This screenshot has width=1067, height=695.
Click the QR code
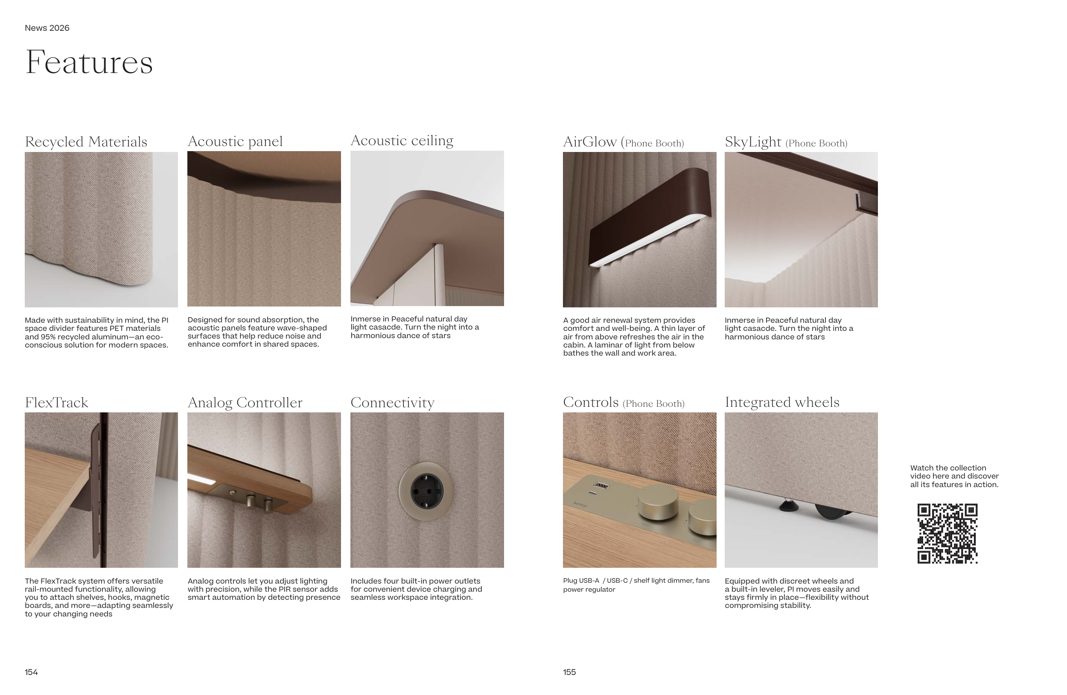coord(947,534)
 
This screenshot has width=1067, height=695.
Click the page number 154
coord(32,672)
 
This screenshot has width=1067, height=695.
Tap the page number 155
coord(569,672)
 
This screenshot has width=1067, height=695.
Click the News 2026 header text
coord(47,28)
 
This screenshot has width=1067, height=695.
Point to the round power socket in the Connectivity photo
coord(426,491)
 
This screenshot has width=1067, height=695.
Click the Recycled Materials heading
coord(86,142)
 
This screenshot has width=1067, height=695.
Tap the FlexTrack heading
coord(56,403)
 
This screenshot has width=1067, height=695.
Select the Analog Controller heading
coord(245,403)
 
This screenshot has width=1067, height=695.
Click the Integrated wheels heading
coord(782,402)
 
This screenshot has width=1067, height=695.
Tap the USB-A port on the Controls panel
coord(601,485)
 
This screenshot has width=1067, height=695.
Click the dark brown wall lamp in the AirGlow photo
coord(650,217)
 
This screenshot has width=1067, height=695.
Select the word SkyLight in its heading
coord(753,142)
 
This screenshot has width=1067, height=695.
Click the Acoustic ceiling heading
coord(402,141)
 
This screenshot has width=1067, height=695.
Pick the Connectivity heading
coord(393,403)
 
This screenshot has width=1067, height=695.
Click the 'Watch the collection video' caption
coord(954,476)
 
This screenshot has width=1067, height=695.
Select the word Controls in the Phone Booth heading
coord(591,402)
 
